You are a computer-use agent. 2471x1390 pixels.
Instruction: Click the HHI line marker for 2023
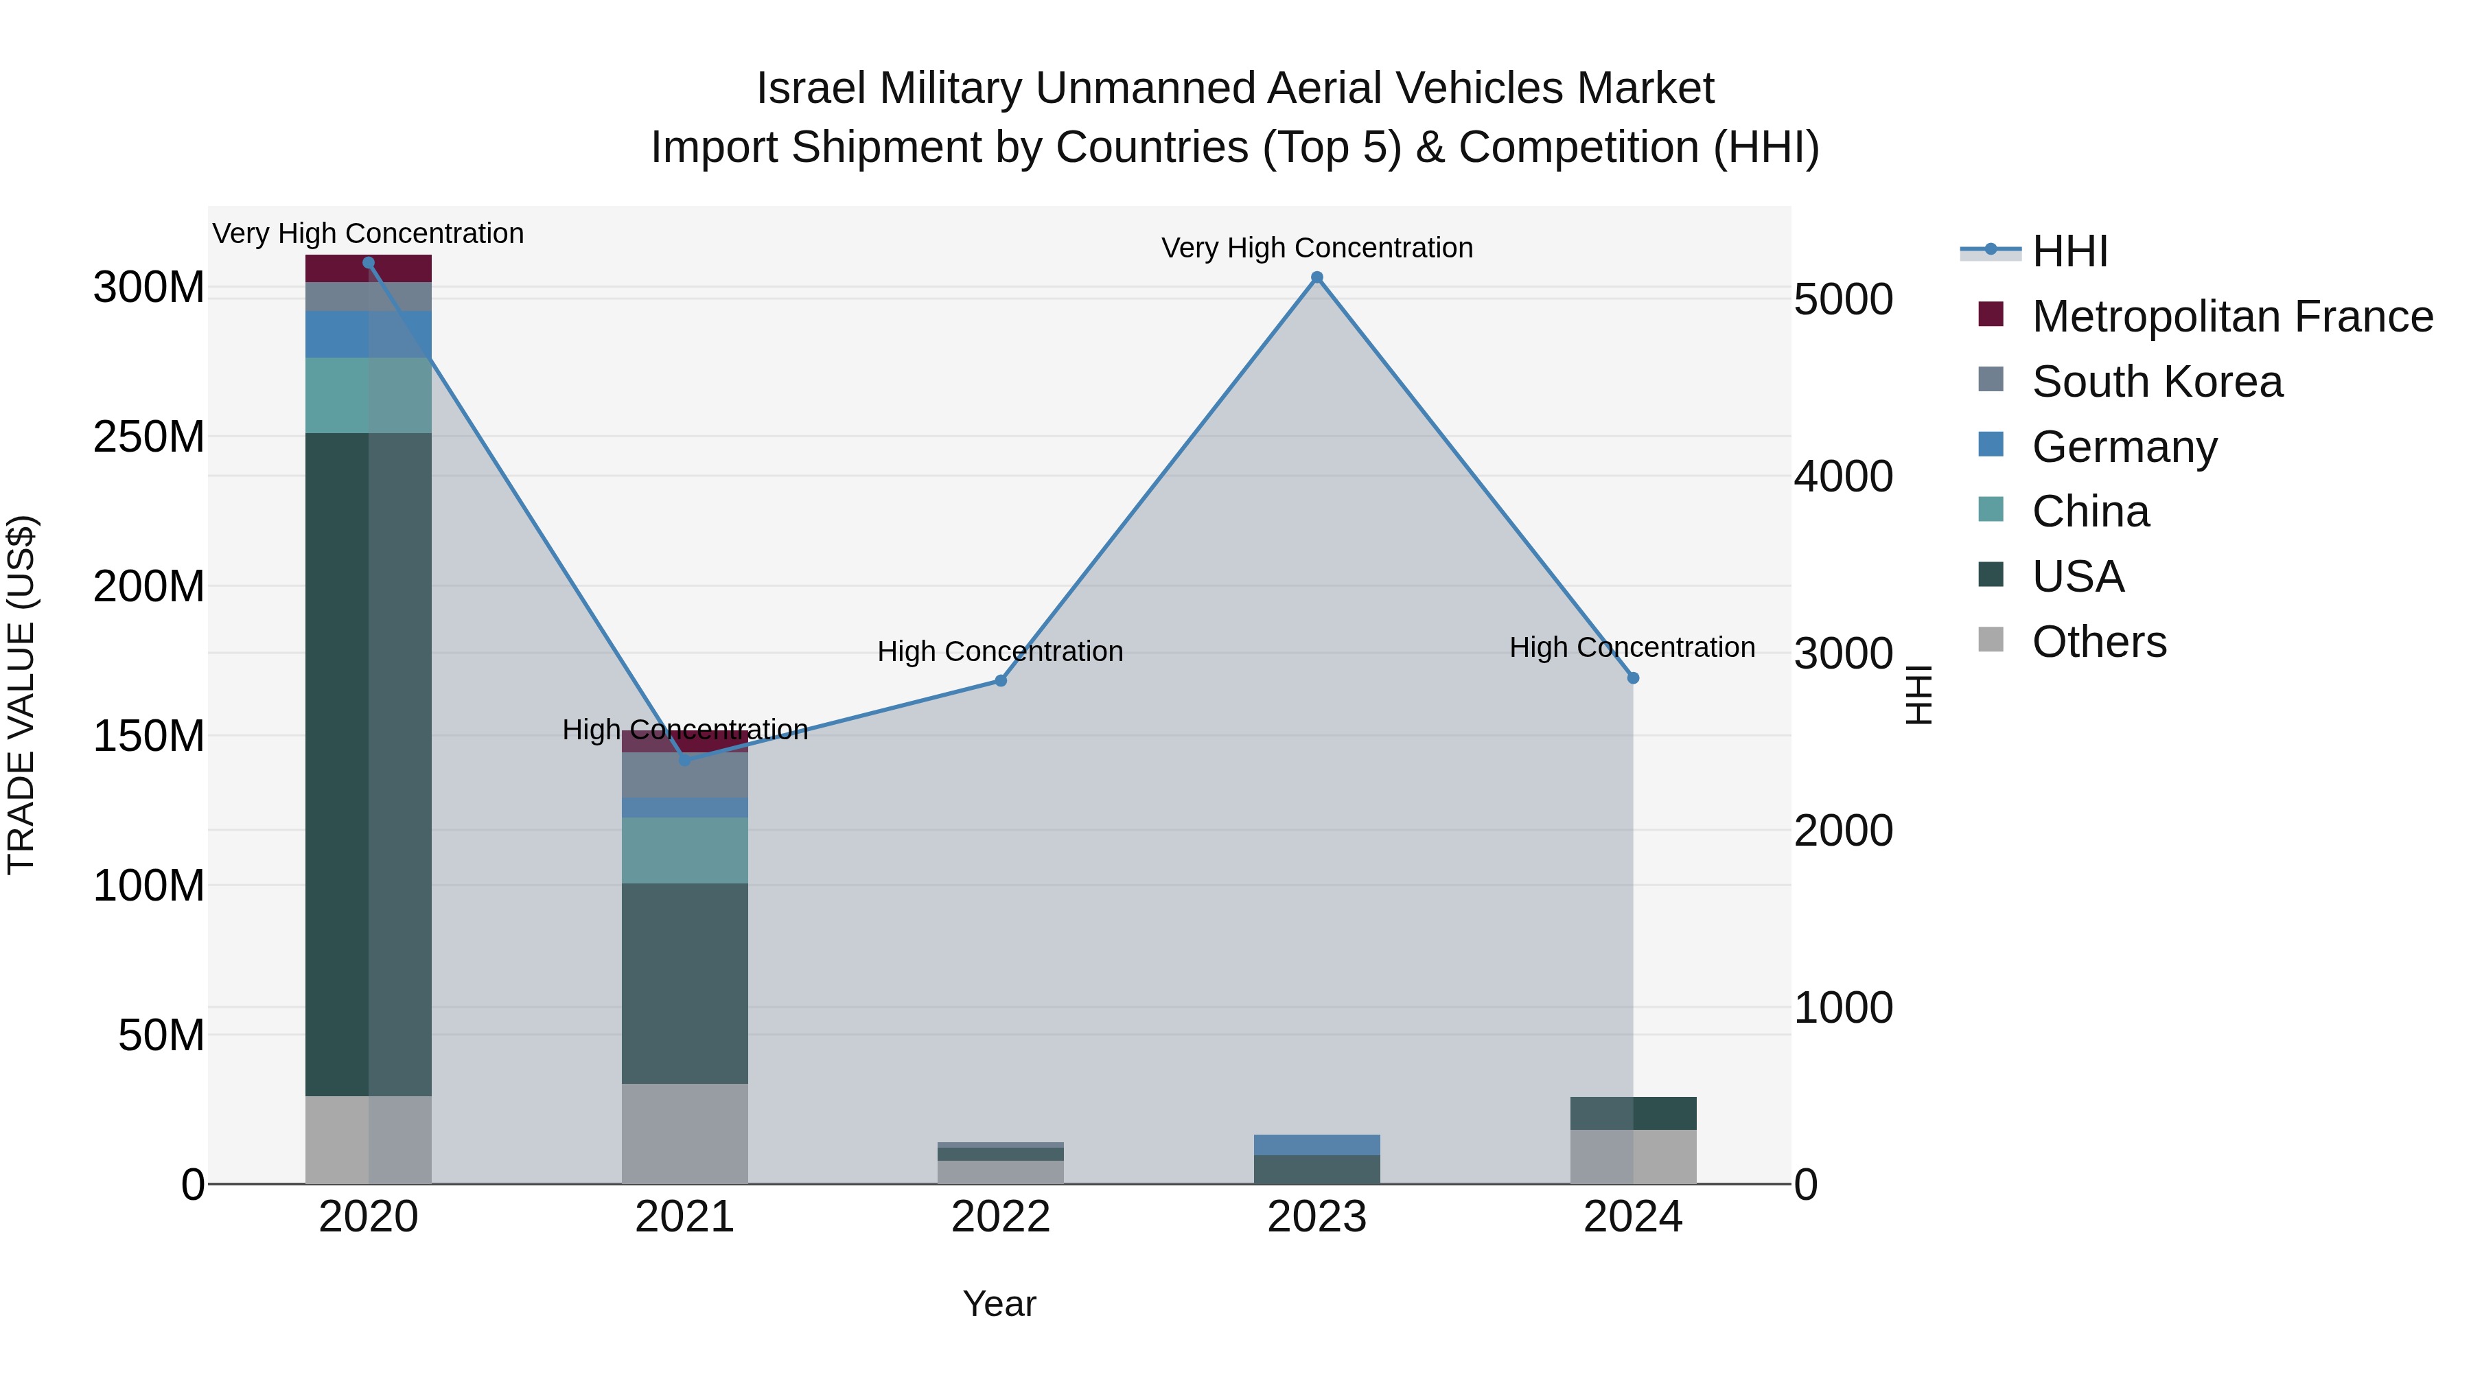click(1317, 277)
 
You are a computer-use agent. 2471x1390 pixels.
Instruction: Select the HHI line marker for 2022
click(1001, 680)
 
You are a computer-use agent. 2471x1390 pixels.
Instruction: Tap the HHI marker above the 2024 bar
click(1634, 678)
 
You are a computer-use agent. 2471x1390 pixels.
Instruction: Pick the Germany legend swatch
click(1991, 445)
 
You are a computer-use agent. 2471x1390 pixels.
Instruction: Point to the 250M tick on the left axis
click(149, 437)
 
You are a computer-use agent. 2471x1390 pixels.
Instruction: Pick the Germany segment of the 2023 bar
click(1317, 1144)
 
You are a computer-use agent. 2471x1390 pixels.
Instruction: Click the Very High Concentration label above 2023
click(1317, 248)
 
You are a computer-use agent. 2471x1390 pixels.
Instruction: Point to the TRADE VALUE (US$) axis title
click(21, 695)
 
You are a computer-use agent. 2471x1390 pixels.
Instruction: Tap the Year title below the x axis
click(999, 1304)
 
